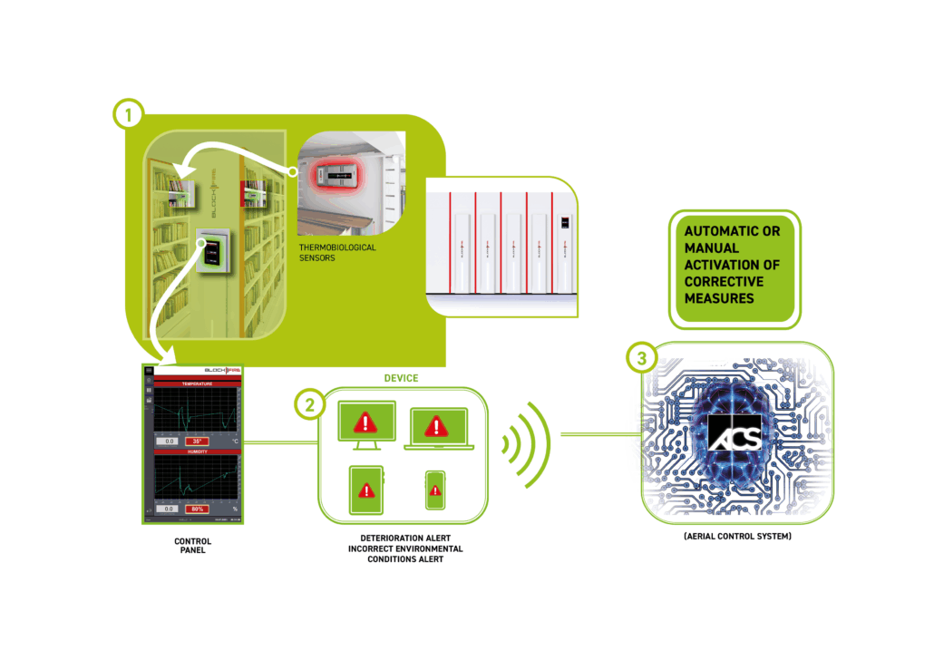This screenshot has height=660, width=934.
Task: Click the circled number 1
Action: pyautogui.click(x=128, y=114)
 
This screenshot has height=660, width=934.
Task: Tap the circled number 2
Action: pyautogui.click(x=310, y=404)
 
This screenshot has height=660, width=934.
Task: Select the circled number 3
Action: pyautogui.click(x=642, y=359)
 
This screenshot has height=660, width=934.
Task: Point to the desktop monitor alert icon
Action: pyautogui.click(x=366, y=423)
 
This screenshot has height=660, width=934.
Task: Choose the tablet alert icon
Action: pyautogui.click(x=366, y=490)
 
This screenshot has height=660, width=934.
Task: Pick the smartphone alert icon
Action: pyautogui.click(x=435, y=491)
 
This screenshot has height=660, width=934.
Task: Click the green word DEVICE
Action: pyautogui.click(x=400, y=377)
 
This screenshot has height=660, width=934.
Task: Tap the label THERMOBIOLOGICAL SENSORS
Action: pyautogui.click(x=336, y=252)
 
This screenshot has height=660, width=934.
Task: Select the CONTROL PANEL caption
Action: pyautogui.click(x=192, y=545)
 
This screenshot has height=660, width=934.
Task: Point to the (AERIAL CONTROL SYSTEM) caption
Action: pyautogui.click(x=736, y=538)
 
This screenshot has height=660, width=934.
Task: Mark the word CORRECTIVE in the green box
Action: pyautogui.click(x=720, y=281)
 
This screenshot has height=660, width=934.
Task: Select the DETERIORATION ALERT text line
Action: pyautogui.click(x=405, y=538)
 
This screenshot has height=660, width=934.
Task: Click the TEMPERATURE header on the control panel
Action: pyautogui.click(x=195, y=383)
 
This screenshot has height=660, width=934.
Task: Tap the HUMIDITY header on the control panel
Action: pyautogui.click(x=195, y=451)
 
